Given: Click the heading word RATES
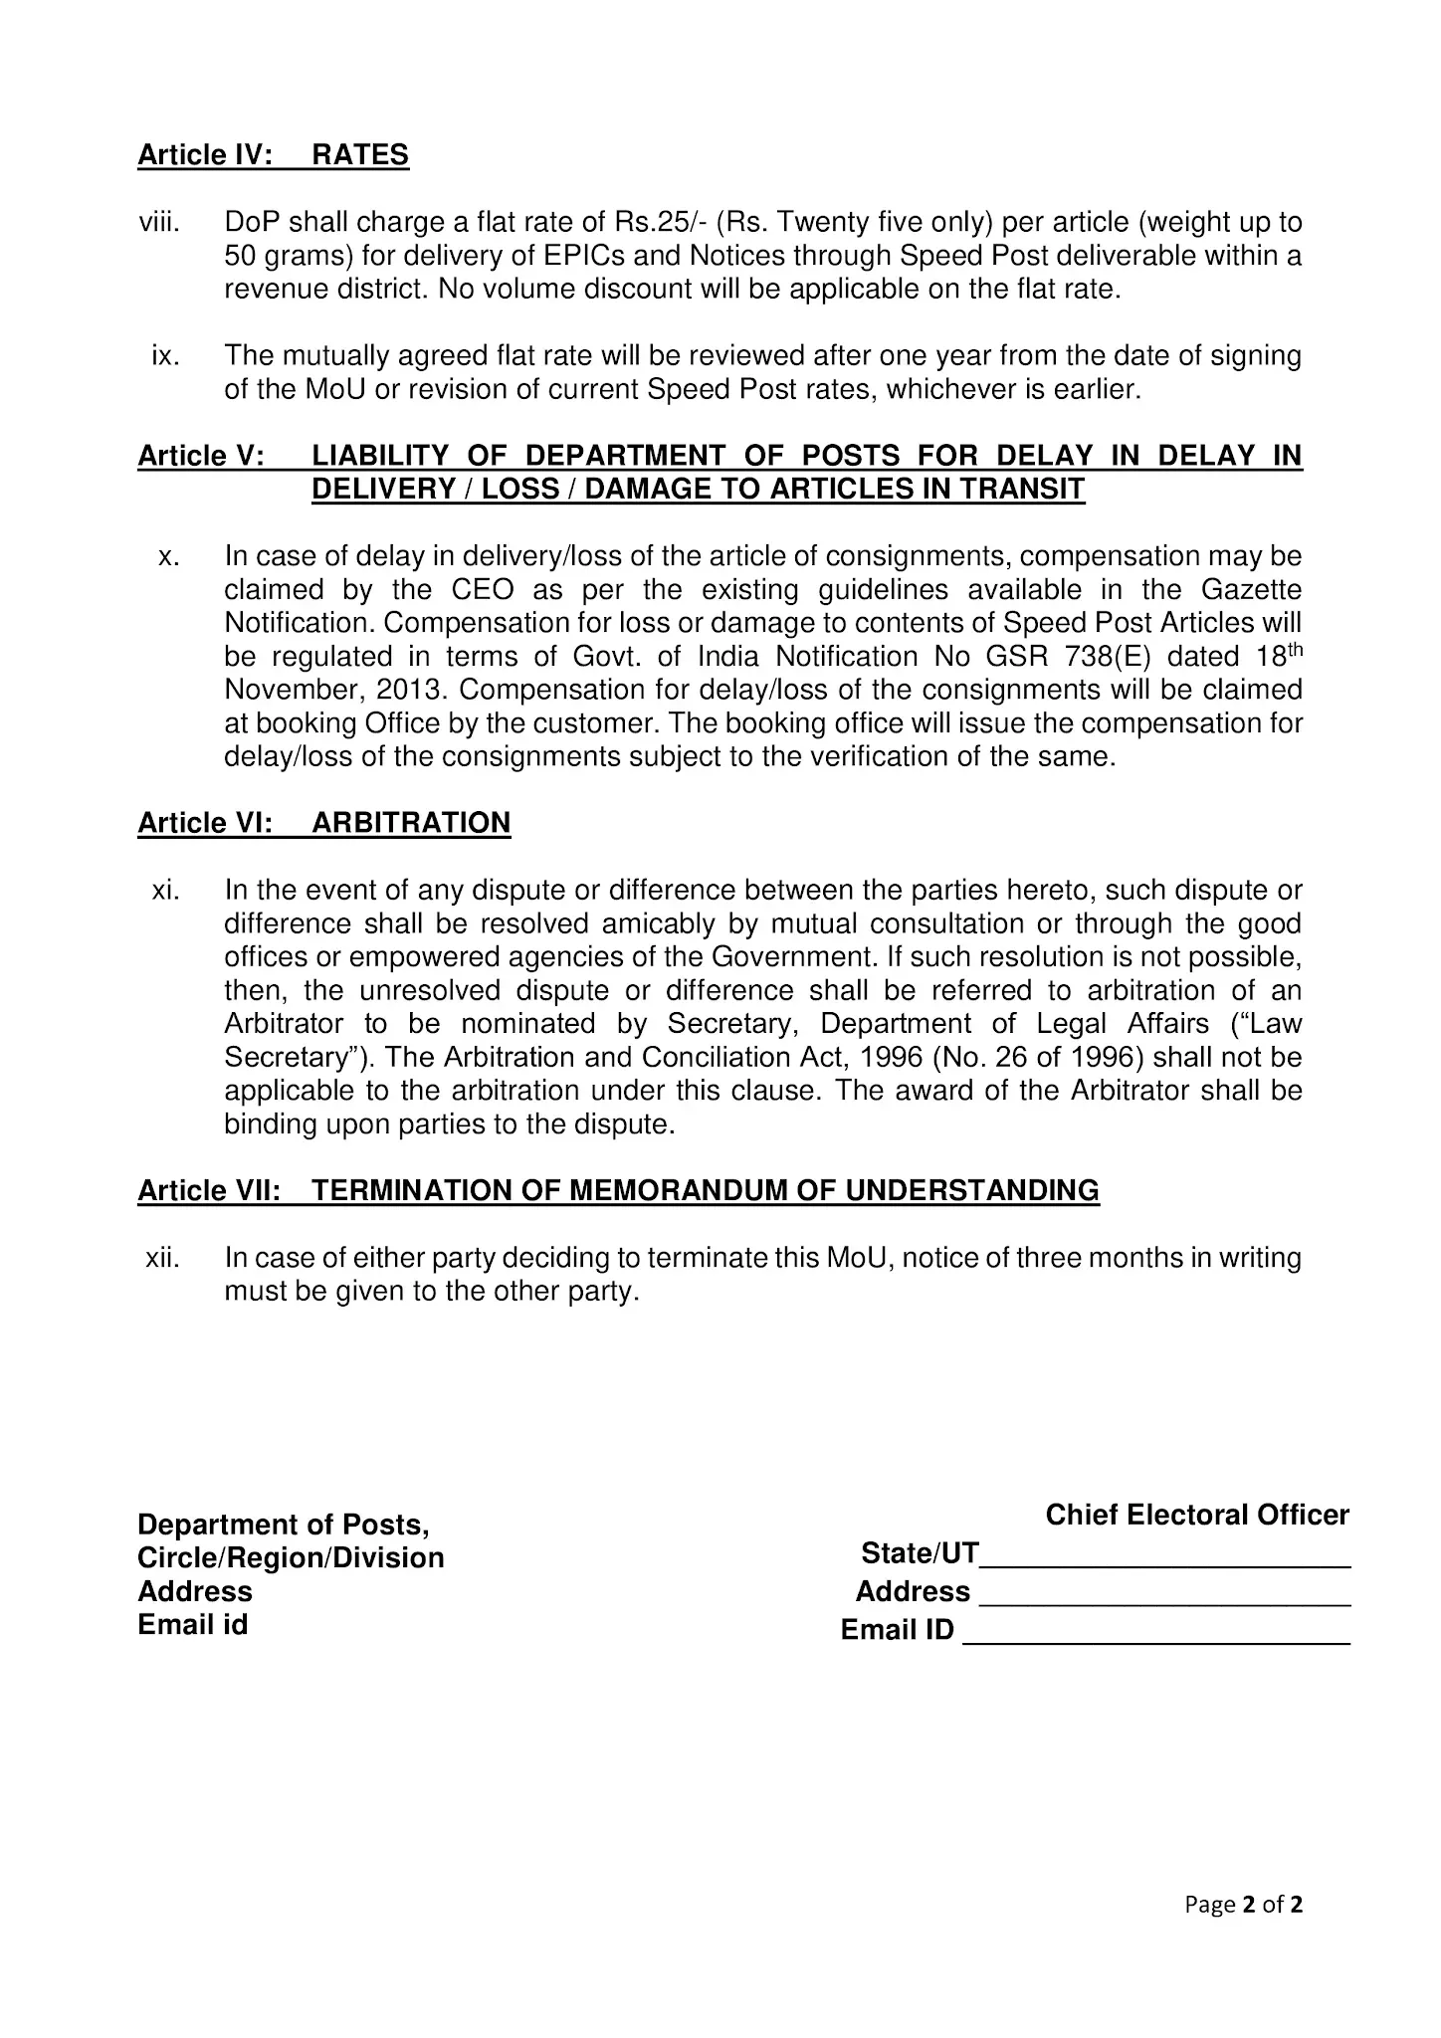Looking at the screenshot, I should coord(360,155).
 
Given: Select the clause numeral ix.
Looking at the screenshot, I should coord(165,355).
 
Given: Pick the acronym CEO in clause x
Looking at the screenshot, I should coord(483,590).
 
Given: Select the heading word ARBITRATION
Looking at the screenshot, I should coord(411,823).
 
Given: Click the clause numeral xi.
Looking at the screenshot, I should coord(165,891).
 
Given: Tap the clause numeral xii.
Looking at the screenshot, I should coord(162,1258).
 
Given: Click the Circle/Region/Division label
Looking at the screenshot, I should coord(291,1557).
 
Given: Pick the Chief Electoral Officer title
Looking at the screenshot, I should coord(1196,1515).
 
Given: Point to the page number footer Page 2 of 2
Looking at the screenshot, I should coord(1243,1905).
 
